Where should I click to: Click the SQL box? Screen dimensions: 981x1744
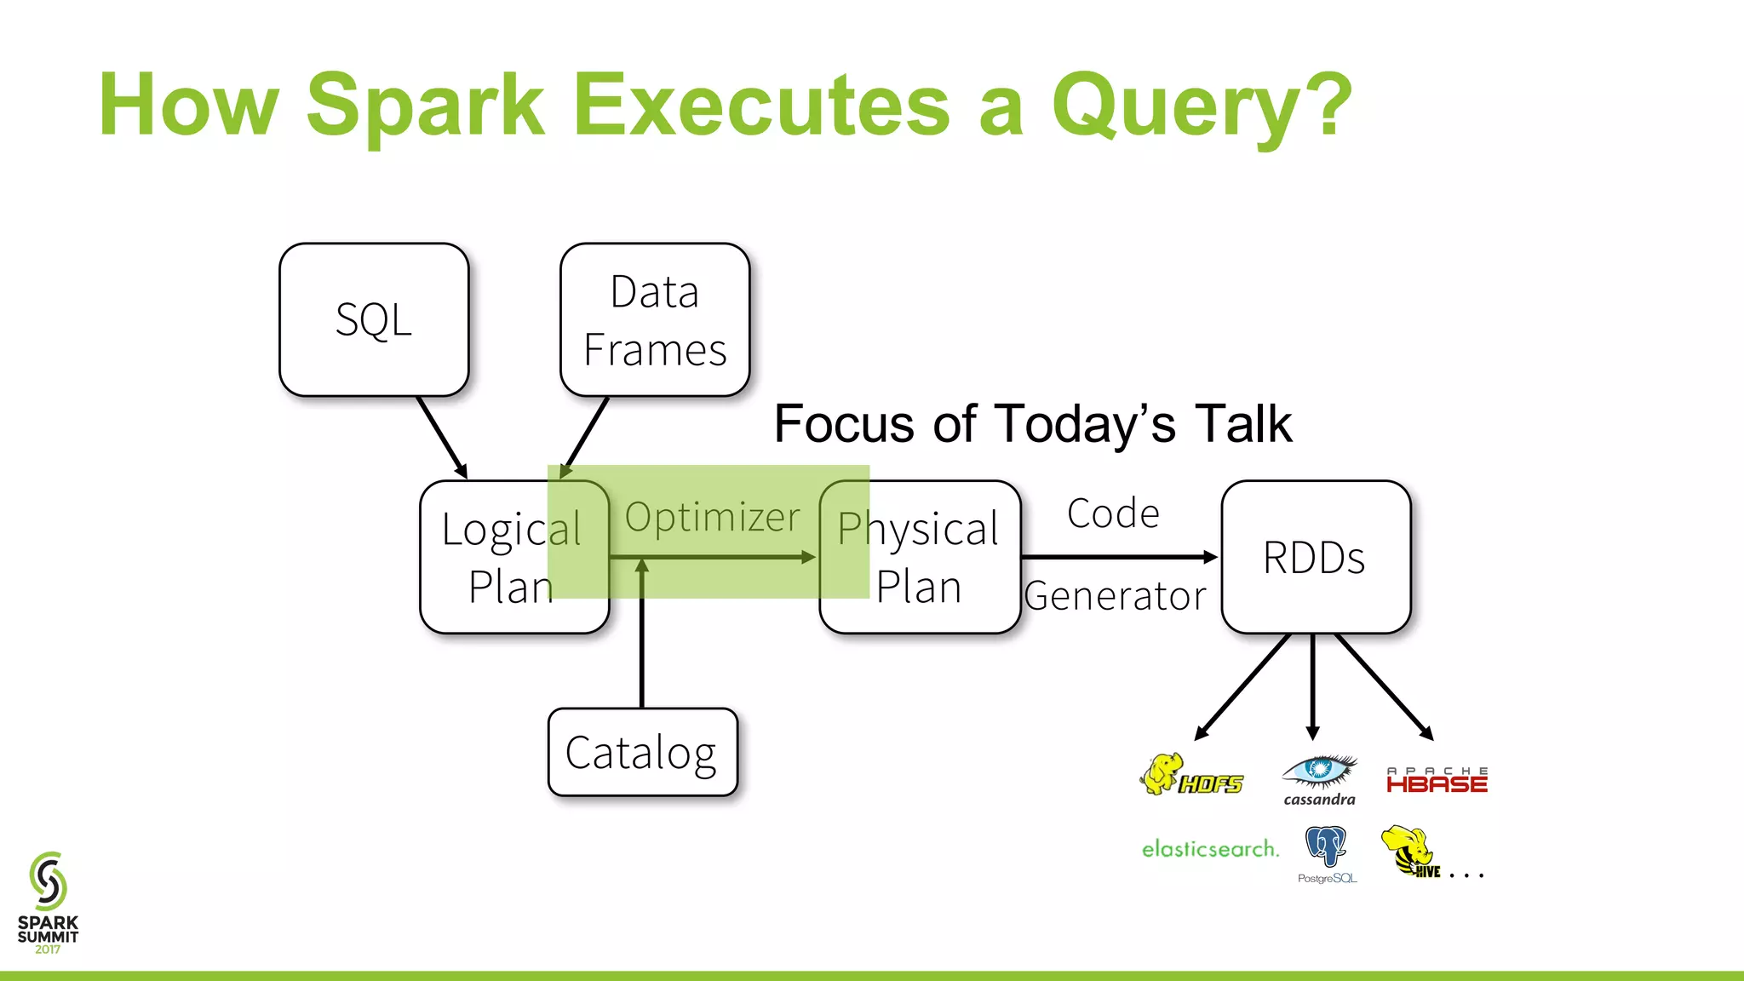click(x=374, y=320)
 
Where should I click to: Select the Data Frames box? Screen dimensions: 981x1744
click(x=655, y=320)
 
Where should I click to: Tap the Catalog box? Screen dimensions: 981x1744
click(x=643, y=753)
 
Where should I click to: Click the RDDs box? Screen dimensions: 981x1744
click(x=1316, y=558)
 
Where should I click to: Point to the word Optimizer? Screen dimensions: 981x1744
click(x=713, y=517)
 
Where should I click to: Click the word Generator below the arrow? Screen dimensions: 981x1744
click(x=1116, y=596)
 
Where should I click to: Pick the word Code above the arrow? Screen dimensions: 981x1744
click(x=1113, y=513)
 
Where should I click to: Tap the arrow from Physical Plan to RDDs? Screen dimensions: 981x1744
click(x=1119, y=557)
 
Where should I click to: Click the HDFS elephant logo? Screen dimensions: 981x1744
click(x=1190, y=776)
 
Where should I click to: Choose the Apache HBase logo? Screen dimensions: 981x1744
click(x=1437, y=780)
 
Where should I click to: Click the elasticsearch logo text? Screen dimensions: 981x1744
click(x=1210, y=849)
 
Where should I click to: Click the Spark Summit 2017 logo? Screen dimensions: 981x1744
click(x=48, y=903)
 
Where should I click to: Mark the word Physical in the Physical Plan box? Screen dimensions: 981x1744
click(x=918, y=529)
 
